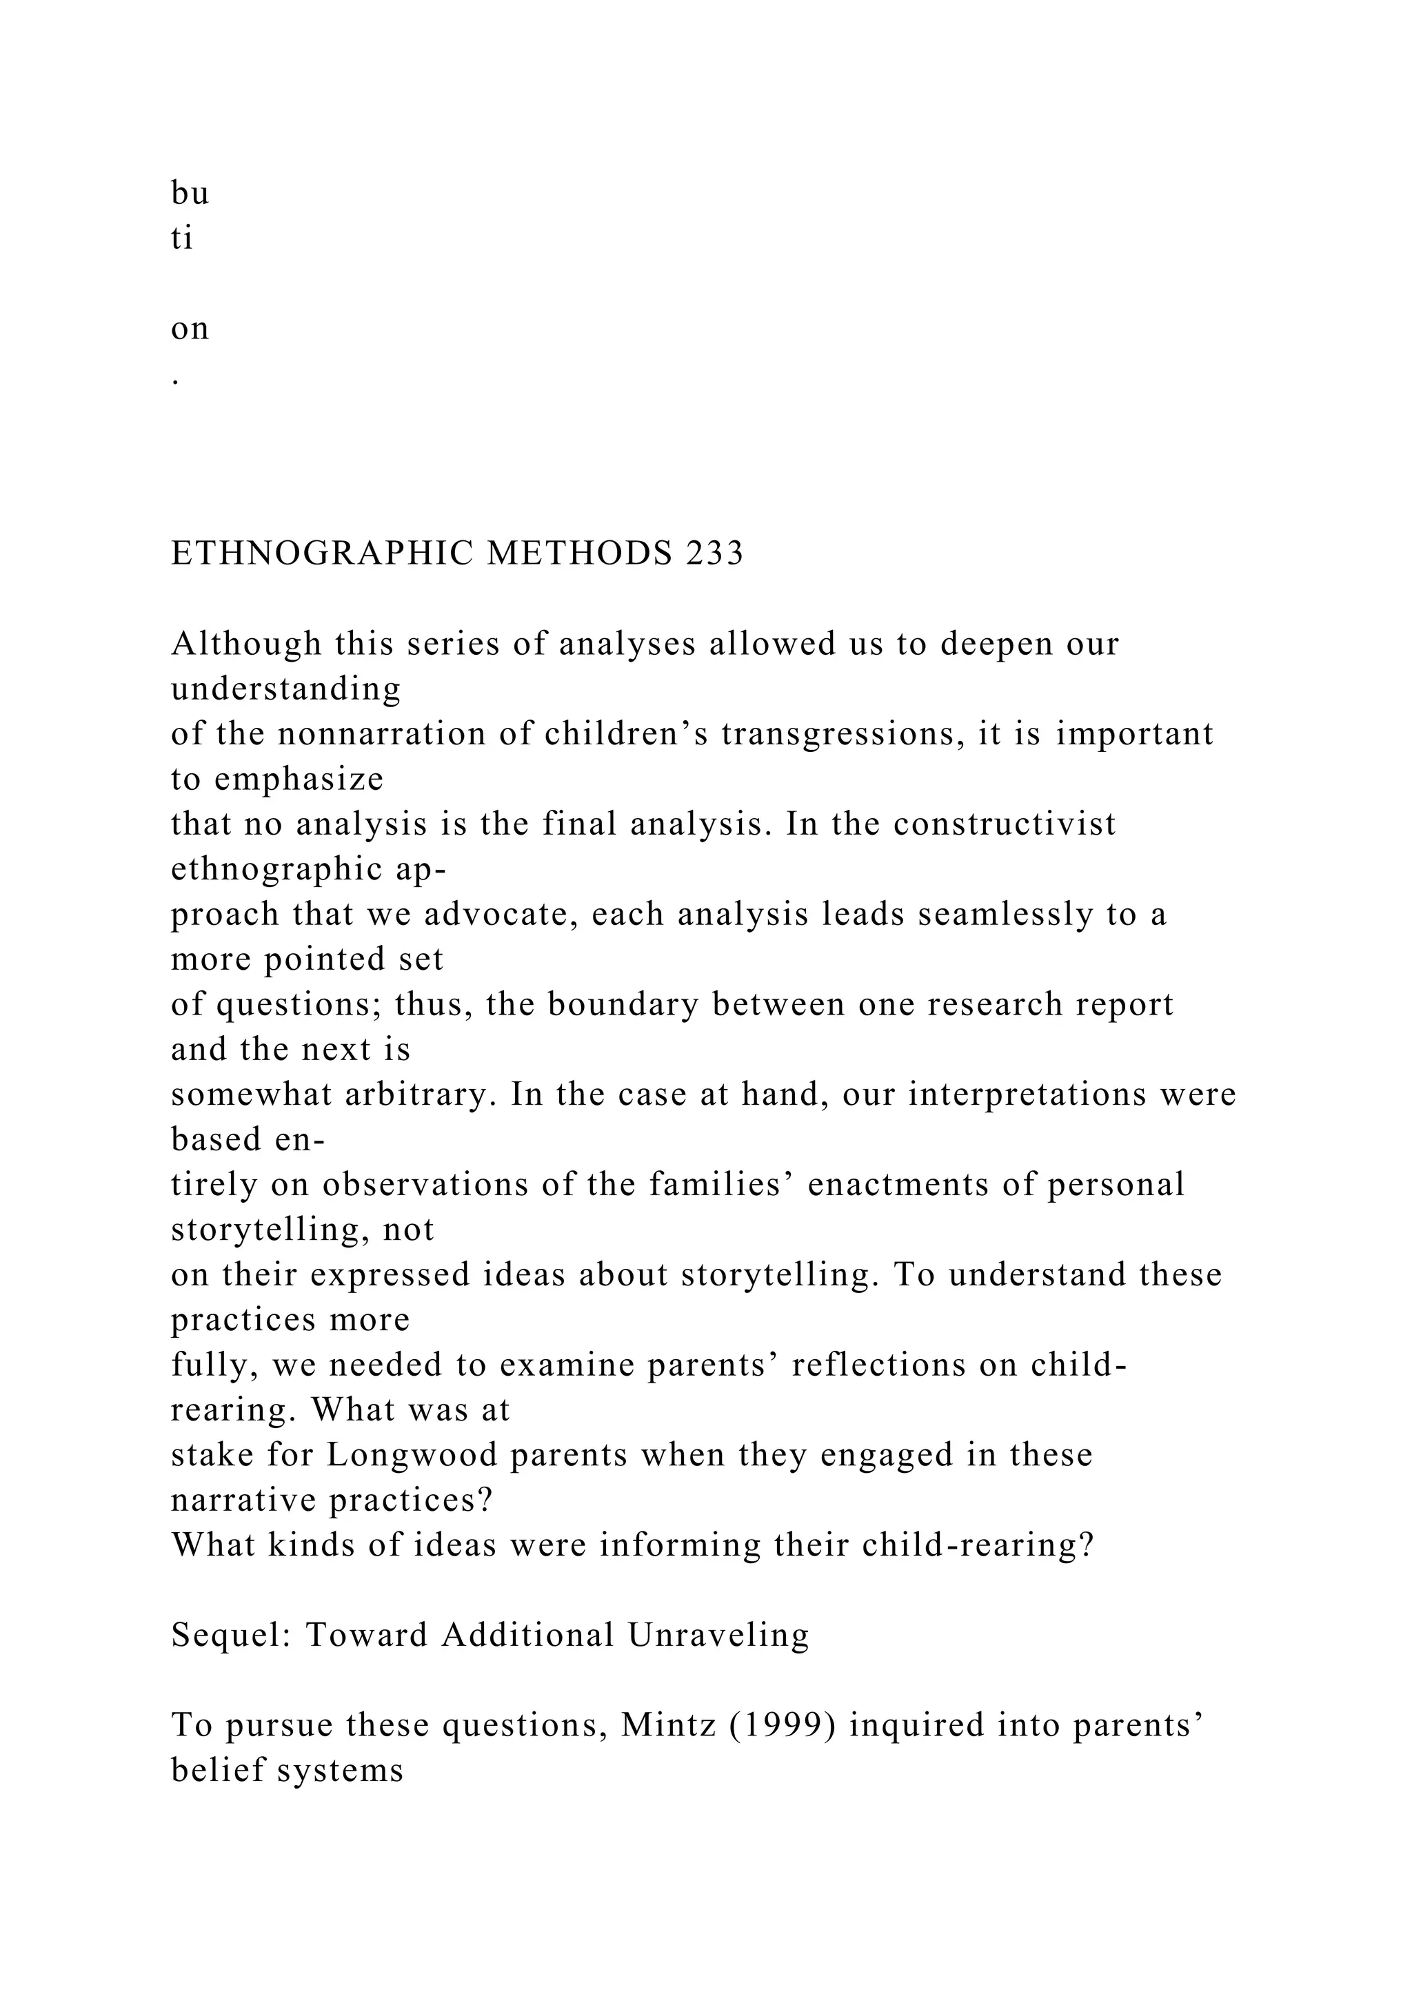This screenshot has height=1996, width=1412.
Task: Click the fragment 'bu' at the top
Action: pyautogui.click(x=190, y=193)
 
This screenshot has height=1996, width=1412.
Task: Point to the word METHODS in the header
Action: pyautogui.click(x=579, y=553)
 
